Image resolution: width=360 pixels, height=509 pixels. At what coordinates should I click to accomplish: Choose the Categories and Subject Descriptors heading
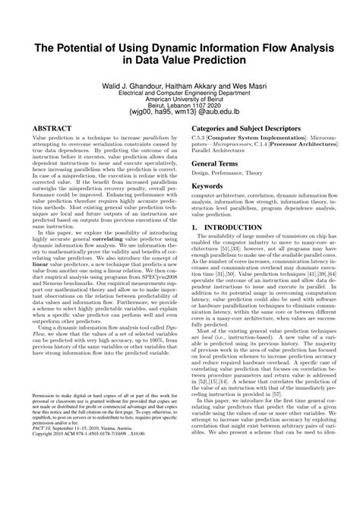click(x=249, y=130)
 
